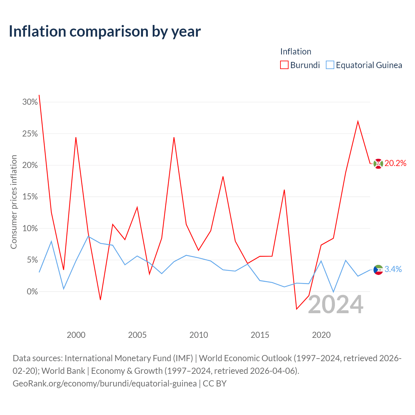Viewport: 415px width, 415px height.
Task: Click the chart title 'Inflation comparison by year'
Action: tap(105, 32)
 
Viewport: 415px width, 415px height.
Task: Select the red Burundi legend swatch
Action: tap(284, 65)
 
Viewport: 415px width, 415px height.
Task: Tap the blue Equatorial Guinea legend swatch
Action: tap(330, 65)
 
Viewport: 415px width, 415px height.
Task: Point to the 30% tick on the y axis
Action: tap(30, 102)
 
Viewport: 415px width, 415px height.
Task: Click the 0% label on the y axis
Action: tap(32, 291)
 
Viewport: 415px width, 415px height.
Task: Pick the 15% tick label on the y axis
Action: tap(30, 196)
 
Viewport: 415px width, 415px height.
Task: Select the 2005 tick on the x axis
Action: tap(137, 335)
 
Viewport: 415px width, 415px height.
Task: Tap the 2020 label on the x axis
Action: tap(321, 335)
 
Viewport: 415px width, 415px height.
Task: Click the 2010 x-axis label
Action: tap(198, 335)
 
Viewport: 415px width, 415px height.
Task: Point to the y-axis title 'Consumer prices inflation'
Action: tap(14, 202)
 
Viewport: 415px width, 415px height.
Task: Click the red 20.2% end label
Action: tap(396, 163)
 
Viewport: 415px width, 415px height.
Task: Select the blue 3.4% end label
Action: tap(393, 269)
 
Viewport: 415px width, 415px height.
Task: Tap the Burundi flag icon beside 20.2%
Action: tap(378, 164)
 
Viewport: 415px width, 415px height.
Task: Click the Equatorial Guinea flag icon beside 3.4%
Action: tap(378, 270)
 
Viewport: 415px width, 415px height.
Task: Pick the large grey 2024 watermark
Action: tap(336, 304)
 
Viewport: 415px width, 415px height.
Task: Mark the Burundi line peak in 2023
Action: tap(358, 122)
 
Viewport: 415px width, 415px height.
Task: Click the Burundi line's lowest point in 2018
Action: tap(297, 309)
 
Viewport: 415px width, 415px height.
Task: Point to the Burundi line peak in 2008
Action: tap(174, 137)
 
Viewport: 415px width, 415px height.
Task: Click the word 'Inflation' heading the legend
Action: tap(296, 52)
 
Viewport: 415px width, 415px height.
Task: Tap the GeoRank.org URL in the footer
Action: tap(105, 384)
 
